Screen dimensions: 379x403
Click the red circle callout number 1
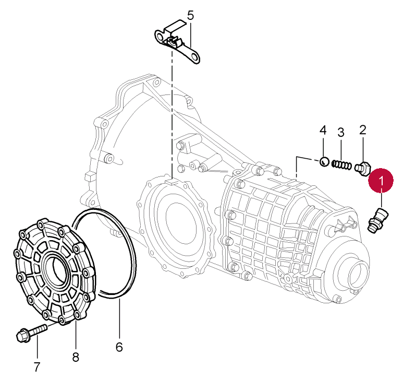click(381, 181)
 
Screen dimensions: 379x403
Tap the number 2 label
click(363, 129)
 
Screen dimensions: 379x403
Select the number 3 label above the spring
click(341, 133)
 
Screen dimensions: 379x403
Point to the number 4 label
click(323, 129)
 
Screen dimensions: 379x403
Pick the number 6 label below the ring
click(119, 347)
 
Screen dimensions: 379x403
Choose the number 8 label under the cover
click(76, 357)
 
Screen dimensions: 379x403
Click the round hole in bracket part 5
click(194, 57)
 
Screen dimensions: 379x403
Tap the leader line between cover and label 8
click(75, 334)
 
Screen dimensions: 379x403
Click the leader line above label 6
click(119, 318)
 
